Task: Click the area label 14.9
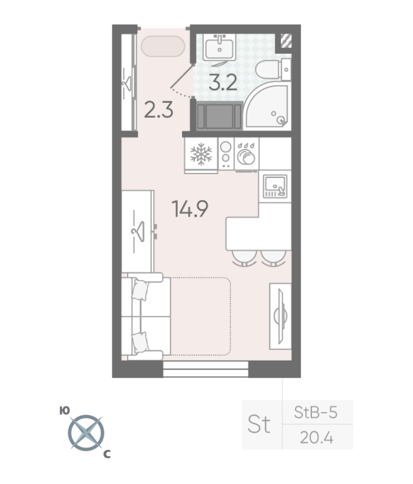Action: click(x=190, y=209)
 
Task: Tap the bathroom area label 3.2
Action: click(x=223, y=82)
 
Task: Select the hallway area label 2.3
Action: click(x=158, y=110)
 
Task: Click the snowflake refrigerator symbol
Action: click(x=201, y=154)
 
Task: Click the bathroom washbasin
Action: click(x=220, y=47)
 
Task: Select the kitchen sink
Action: click(x=275, y=186)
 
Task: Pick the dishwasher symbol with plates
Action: click(x=246, y=154)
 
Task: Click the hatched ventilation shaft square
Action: click(x=286, y=41)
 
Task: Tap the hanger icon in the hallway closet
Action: click(x=126, y=83)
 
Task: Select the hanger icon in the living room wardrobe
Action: click(x=138, y=231)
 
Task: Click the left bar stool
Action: click(x=244, y=258)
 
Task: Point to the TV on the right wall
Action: click(x=281, y=316)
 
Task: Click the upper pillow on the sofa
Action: click(x=140, y=290)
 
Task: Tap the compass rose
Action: click(x=86, y=433)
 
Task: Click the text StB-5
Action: click(x=316, y=413)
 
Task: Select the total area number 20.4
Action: click(x=316, y=437)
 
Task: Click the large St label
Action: click(x=259, y=424)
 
